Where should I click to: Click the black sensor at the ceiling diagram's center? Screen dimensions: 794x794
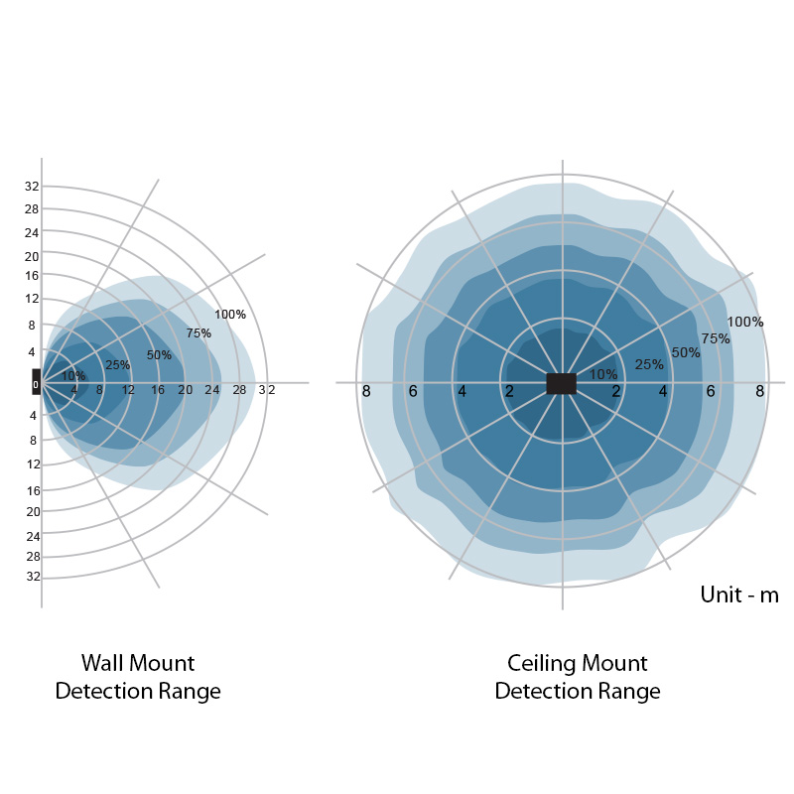point(562,383)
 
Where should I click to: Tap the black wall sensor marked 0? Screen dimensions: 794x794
point(36,382)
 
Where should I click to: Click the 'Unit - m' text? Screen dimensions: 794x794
point(739,595)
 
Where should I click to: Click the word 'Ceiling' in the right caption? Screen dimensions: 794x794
point(543,663)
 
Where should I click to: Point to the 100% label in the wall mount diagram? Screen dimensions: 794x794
point(230,315)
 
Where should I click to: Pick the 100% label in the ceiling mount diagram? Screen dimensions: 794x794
point(744,322)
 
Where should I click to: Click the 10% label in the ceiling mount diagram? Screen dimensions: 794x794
point(603,374)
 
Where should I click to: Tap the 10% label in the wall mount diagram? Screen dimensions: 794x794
point(73,375)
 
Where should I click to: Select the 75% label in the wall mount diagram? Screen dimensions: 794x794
point(198,333)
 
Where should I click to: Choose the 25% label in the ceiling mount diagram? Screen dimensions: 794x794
point(649,364)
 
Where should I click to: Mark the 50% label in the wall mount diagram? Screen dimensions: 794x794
point(159,355)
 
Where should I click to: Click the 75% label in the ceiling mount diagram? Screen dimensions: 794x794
point(715,338)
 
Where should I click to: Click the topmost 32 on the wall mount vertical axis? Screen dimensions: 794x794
point(32,187)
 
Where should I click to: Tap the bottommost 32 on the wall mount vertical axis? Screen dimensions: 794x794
point(32,577)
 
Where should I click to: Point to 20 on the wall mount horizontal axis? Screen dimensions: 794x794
point(186,390)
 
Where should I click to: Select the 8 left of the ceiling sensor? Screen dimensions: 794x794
point(366,391)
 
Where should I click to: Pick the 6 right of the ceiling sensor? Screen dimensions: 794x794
point(711,392)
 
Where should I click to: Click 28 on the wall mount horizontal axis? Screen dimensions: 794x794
point(239,390)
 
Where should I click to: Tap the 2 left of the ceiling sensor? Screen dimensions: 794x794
point(509,392)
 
